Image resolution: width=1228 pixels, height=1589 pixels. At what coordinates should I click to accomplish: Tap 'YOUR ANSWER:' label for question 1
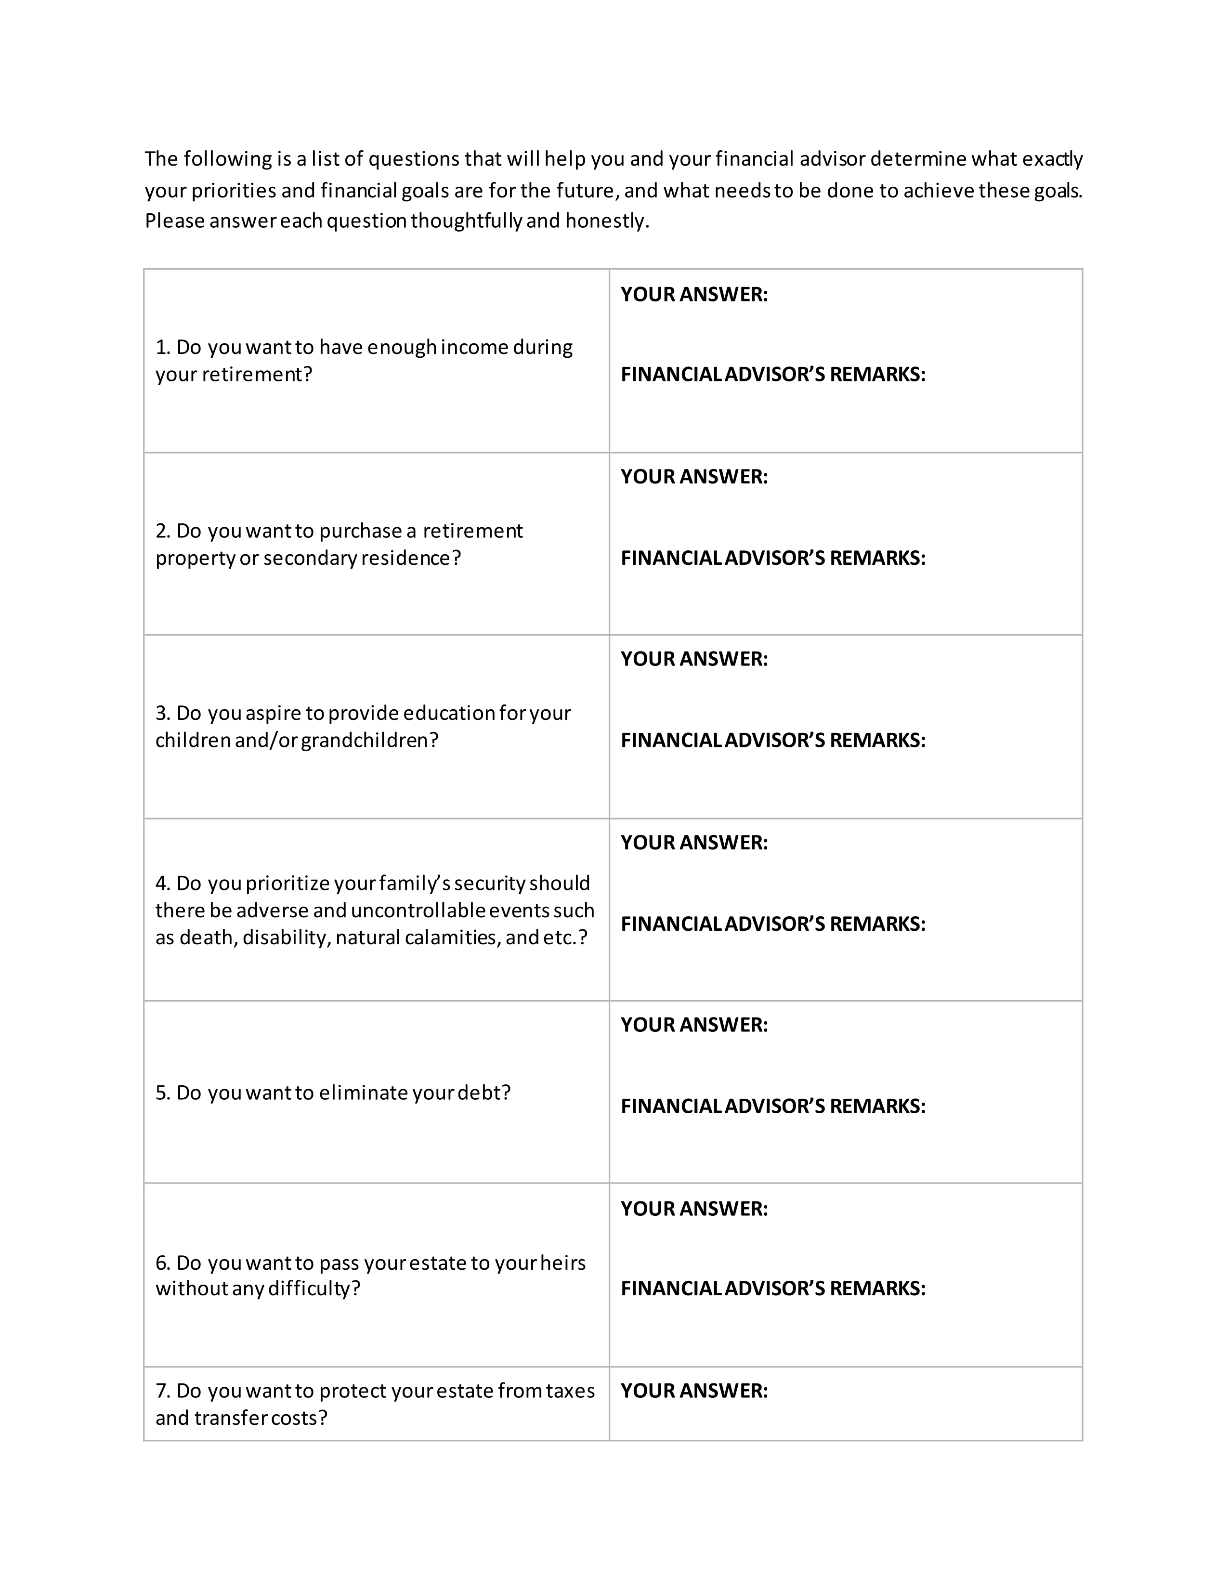point(694,295)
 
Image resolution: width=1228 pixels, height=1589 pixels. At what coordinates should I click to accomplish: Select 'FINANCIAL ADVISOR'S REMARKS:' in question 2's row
point(772,558)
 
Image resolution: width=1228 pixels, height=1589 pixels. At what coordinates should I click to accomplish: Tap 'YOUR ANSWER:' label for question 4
point(694,843)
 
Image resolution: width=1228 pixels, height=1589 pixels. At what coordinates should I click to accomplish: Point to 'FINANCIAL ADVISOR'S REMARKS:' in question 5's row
point(772,1106)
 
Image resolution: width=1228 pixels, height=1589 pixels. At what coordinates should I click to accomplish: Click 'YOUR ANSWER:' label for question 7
point(694,1391)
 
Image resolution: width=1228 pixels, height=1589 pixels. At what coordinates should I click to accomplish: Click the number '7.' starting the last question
point(163,1391)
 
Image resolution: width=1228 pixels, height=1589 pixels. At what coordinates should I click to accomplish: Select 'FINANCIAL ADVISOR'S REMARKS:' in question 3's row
point(772,740)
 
